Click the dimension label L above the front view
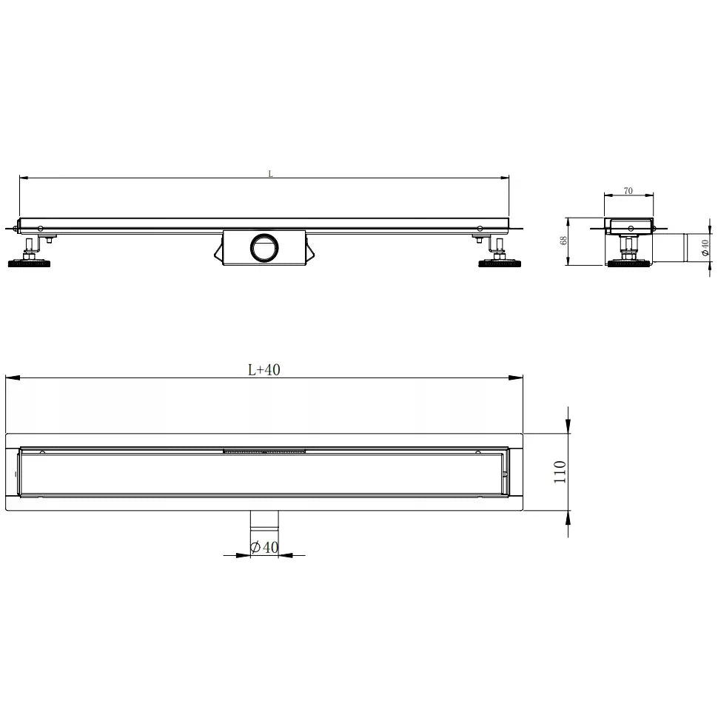point(271,174)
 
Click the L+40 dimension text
point(264,370)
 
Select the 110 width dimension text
point(560,472)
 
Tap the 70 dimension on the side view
point(628,191)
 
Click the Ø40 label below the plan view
point(264,547)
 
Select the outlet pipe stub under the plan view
point(264,520)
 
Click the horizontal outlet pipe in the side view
point(671,246)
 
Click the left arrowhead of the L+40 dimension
point(10,378)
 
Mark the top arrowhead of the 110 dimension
point(568,426)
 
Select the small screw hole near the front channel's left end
point(41,227)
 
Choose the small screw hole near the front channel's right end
point(480,227)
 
